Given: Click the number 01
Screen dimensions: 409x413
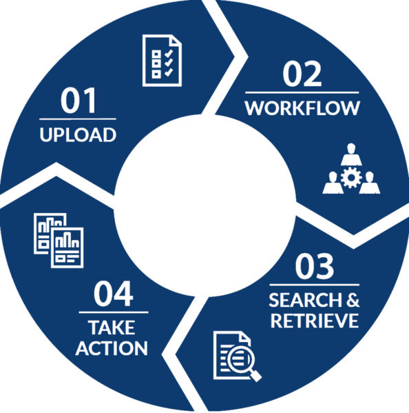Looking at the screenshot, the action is (78, 101).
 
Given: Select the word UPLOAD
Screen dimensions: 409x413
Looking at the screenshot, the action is (78, 135).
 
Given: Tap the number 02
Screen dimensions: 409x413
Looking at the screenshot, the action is (302, 74).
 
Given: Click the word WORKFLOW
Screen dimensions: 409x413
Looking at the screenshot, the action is (302, 108).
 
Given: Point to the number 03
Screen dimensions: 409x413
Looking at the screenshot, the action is (314, 266).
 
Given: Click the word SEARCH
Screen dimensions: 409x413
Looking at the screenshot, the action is (305, 300).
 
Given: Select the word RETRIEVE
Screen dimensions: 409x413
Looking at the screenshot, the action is (315, 321).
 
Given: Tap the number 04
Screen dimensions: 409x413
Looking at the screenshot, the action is (114, 294).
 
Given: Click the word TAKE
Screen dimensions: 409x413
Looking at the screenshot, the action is (112, 328).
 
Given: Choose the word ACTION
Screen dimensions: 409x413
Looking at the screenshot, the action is (112, 348).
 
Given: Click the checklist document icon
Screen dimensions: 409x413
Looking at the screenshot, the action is (162, 60).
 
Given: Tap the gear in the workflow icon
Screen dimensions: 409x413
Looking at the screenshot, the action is (351, 177).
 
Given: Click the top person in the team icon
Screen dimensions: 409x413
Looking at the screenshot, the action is (351, 154).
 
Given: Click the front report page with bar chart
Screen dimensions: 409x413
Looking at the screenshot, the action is (67, 248).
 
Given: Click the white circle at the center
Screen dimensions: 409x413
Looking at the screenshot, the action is (205, 205).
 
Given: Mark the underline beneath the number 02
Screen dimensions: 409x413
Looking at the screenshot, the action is (302, 92).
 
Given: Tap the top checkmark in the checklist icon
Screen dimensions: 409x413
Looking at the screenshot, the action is (169, 54).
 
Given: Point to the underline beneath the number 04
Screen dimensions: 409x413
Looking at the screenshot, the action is (114, 312).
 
